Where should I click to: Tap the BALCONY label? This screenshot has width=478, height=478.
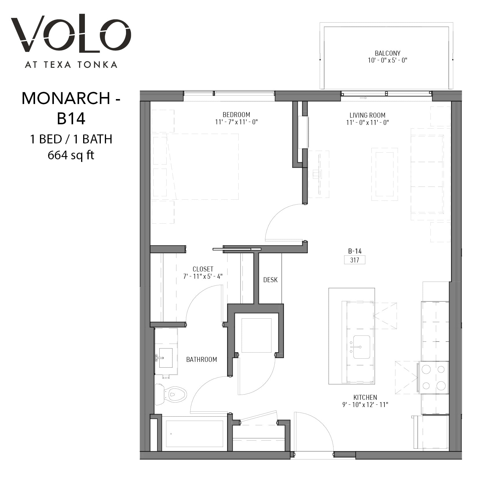pos(388,53)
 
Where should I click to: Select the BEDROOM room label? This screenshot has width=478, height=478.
pos(236,115)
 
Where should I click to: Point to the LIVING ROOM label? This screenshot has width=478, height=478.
pos(367,115)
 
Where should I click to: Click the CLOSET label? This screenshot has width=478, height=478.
pos(203,269)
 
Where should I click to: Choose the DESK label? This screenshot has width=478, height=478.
pos(270,280)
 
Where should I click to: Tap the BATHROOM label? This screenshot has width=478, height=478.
pos(202,360)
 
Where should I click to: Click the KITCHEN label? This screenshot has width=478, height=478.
pos(365,397)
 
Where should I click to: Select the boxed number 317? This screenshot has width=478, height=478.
pos(355,260)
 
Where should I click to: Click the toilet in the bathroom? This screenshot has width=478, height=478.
pos(171,394)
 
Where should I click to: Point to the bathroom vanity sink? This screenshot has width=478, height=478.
pos(165,358)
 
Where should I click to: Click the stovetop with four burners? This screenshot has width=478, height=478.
pos(433,377)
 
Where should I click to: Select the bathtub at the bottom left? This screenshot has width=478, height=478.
pos(194,434)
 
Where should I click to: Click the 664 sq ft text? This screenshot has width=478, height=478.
pos(71,156)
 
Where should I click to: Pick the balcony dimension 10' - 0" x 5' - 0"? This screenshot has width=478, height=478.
pos(388,61)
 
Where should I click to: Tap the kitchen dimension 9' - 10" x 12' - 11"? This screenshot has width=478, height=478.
pos(365,405)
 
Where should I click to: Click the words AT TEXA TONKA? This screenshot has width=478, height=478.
pos(71,64)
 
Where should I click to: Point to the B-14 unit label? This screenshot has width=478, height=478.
pos(355,251)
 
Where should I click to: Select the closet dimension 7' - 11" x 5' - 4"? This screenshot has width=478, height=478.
pos(203,276)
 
